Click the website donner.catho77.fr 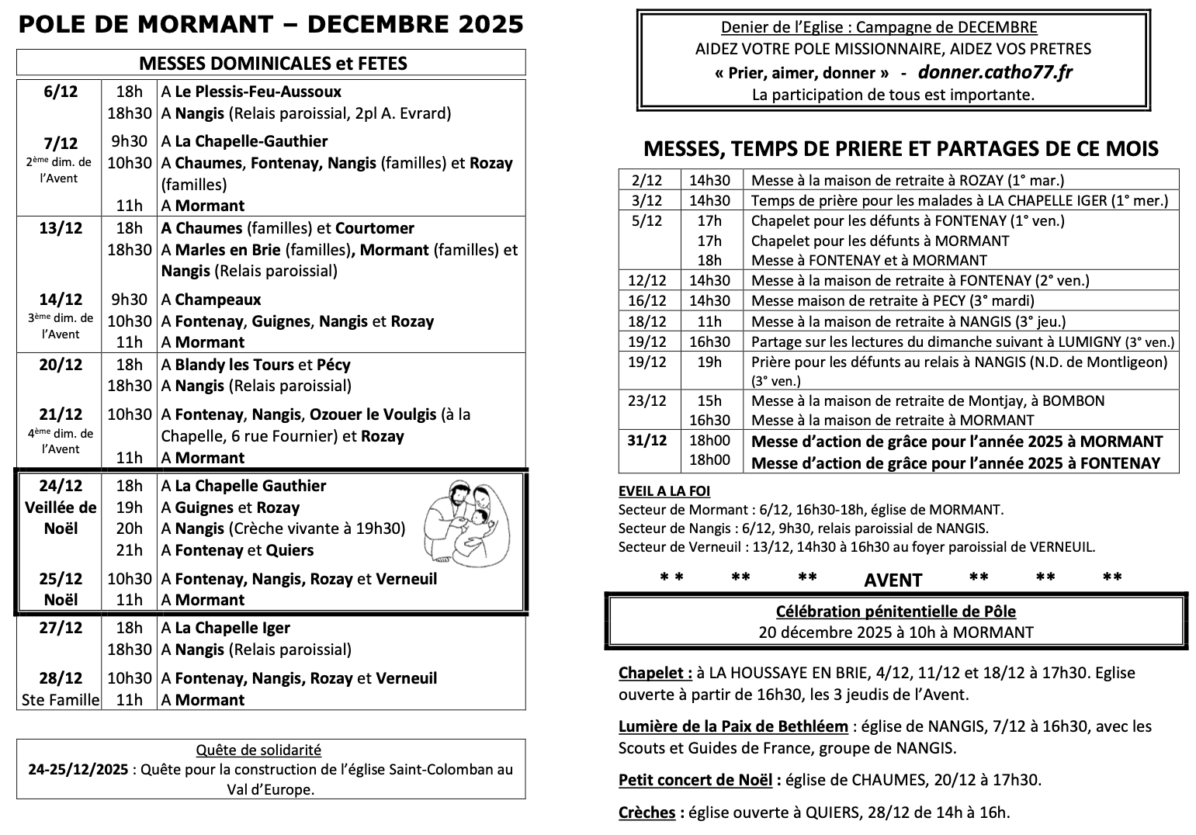995,72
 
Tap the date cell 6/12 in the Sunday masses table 61,92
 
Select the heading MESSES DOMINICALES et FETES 272,63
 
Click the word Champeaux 218,300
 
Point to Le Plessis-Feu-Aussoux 258,92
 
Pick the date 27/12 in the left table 61,628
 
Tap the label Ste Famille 61,700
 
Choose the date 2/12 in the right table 647,180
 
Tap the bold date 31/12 647,441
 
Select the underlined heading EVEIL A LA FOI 664,490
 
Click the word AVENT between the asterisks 893,580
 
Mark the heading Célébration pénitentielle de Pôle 896,612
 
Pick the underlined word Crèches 647,812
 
